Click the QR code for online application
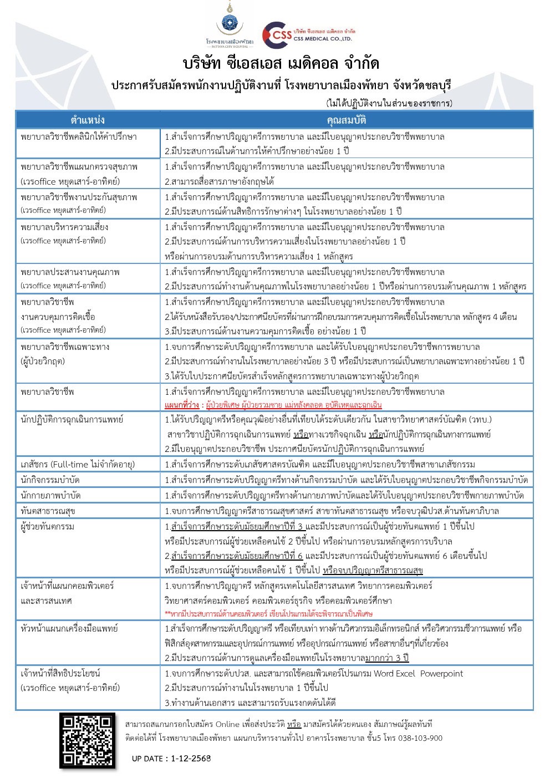[88, 740]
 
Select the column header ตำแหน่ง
[88, 120]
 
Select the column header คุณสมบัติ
[346, 120]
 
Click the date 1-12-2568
[191, 758]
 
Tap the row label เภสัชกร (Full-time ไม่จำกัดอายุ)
[78, 464]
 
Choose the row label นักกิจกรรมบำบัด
[50, 480]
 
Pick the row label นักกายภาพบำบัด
[50, 495]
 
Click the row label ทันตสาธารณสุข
[48, 511]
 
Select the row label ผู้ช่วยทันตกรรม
[47, 526]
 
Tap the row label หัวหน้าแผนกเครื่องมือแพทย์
[69, 628]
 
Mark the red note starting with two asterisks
[268, 614]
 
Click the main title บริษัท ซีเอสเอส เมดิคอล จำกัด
[281, 63]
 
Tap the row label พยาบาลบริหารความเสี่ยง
[64, 227]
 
